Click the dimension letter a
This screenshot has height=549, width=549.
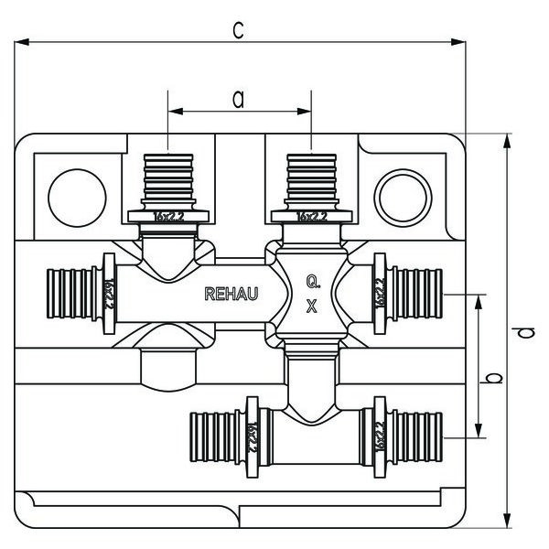click(x=238, y=99)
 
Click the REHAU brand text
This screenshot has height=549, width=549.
click(x=231, y=294)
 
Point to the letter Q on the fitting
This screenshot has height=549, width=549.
click(x=312, y=283)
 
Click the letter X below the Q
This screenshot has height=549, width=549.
click(x=312, y=308)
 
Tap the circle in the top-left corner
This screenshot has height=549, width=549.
click(x=77, y=193)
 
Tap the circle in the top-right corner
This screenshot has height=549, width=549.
click(x=403, y=193)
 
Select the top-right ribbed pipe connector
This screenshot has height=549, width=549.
click(x=312, y=179)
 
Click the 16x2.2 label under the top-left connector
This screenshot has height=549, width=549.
click(x=170, y=217)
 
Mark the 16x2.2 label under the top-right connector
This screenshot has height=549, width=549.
click(x=312, y=217)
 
